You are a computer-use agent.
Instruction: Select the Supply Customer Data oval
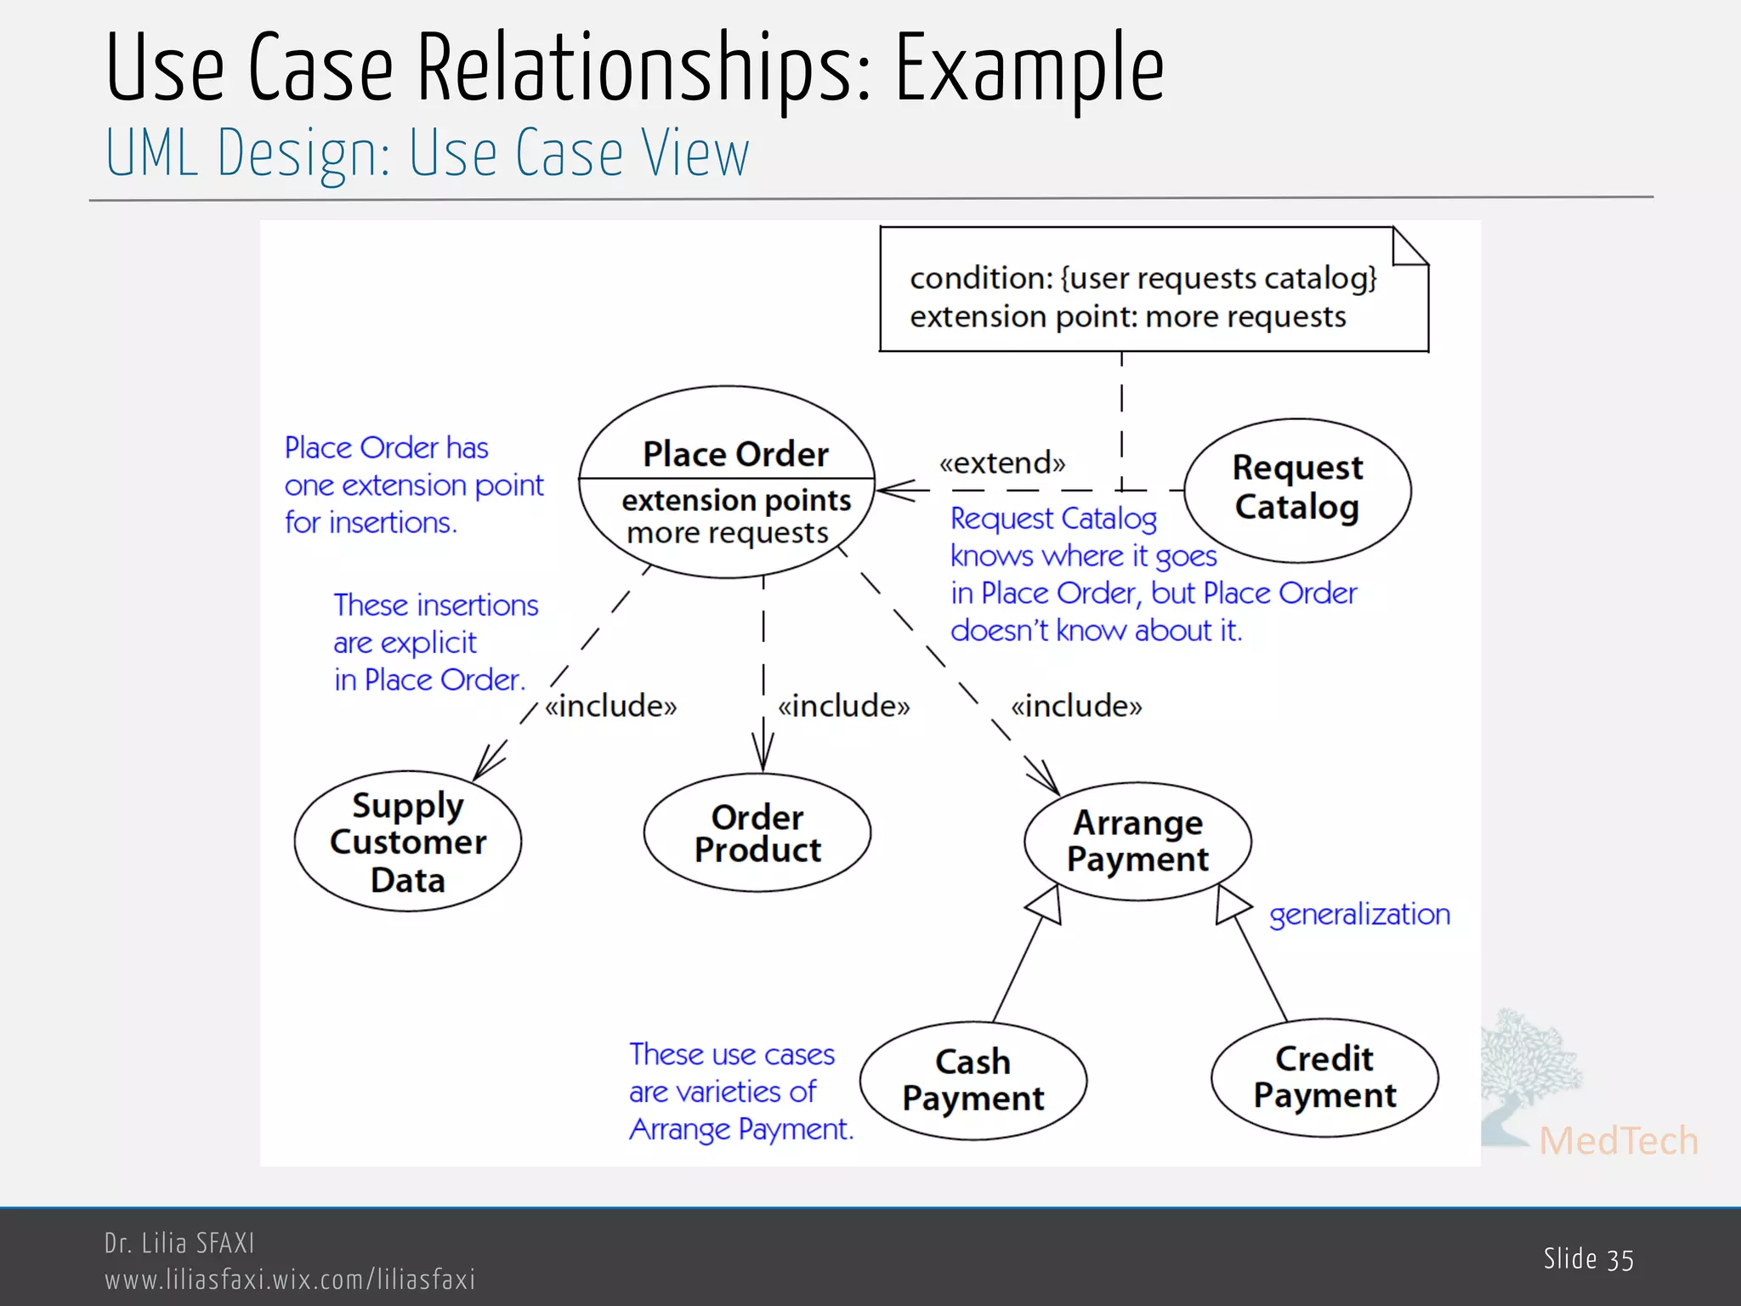pos(408,842)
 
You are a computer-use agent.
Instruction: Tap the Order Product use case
pos(757,833)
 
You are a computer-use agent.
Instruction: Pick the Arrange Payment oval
pos(1137,841)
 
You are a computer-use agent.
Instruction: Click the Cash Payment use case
pos(973,1080)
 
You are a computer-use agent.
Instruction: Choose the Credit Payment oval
pos(1324,1077)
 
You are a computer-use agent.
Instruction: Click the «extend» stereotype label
pos(1001,463)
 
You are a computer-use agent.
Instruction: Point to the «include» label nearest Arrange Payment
pos(1076,706)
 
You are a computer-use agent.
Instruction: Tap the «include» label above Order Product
pos(843,706)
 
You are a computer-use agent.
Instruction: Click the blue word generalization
pos(1359,914)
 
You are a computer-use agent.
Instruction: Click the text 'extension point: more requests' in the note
pos(1127,317)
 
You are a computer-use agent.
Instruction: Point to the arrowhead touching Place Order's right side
pos(893,491)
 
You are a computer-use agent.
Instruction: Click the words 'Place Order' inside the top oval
pos(735,454)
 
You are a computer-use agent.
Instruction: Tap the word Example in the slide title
pos(1029,68)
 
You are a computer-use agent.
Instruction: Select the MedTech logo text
pos(1618,1140)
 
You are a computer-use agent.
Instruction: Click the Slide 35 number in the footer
pos(1588,1259)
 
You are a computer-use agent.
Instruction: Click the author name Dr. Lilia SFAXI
pos(179,1243)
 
